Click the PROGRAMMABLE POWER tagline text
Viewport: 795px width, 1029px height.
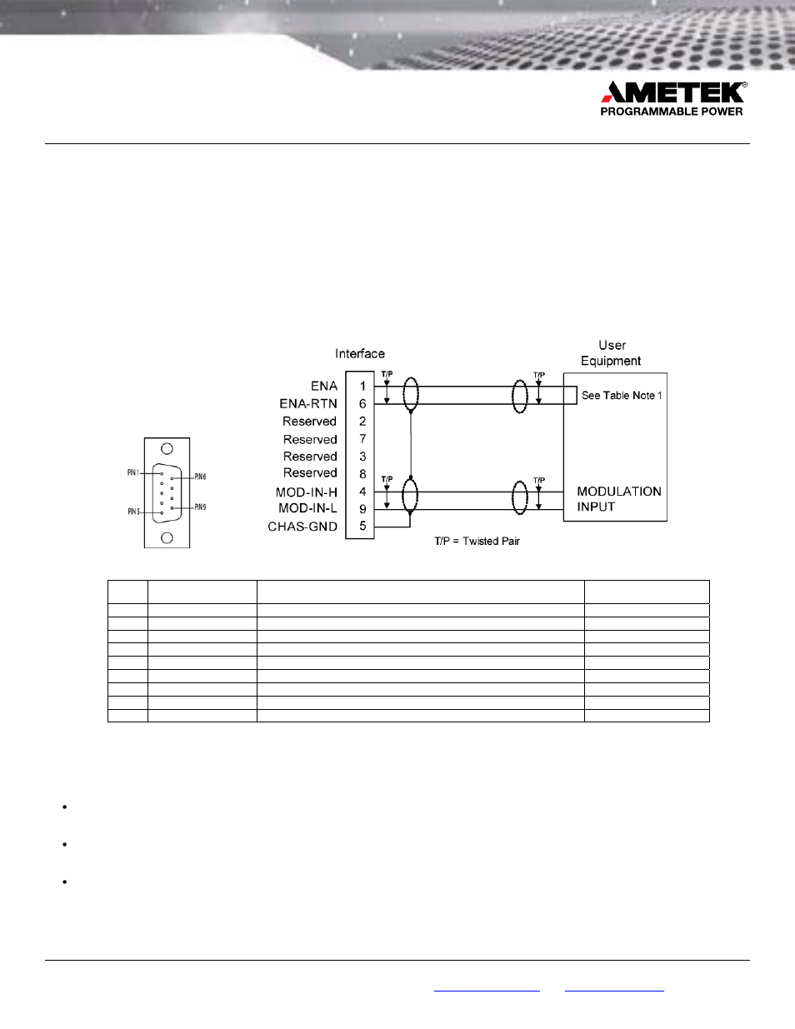pyautogui.click(x=671, y=112)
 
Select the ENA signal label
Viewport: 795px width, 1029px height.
pyautogui.click(x=324, y=387)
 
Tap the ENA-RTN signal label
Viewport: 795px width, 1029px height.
pyautogui.click(x=308, y=404)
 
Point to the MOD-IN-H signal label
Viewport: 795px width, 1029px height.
pyautogui.click(x=307, y=492)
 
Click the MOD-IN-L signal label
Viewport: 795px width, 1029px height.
pyautogui.click(x=307, y=508)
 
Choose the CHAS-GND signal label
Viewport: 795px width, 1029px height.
pyautogui.click(x=302, y=527)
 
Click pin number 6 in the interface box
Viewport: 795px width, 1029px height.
pyautogui.click(x=362, y=404)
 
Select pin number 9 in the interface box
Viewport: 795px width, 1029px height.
pyautogui.click(x=362, y=509)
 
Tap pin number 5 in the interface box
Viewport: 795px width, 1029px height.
pyautogui.click(x=362, y=527)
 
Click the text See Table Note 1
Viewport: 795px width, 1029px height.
pyautogui.click(x=622, y=396)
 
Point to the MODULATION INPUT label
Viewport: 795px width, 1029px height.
pyautogui.click(x=618, y=499)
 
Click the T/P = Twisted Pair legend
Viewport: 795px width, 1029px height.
pyautogui.click(x=477, y=542)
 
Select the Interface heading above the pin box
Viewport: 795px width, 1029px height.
pyautogui.click(x=360, y=354)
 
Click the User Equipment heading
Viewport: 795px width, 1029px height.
pyautogui.click(x=611, y=353)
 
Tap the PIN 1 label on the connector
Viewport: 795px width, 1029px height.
pyautogui.click(x=132, y=473)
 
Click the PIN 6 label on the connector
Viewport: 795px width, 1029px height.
pyautogui.click(x=200, y=477)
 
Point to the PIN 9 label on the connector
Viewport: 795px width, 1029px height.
pyautogui.click(x=200, y=507)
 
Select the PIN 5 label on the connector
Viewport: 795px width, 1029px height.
pyautogui.click(x=133, y=512)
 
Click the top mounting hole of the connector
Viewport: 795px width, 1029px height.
pyautogui.click(x=167, y=448)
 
